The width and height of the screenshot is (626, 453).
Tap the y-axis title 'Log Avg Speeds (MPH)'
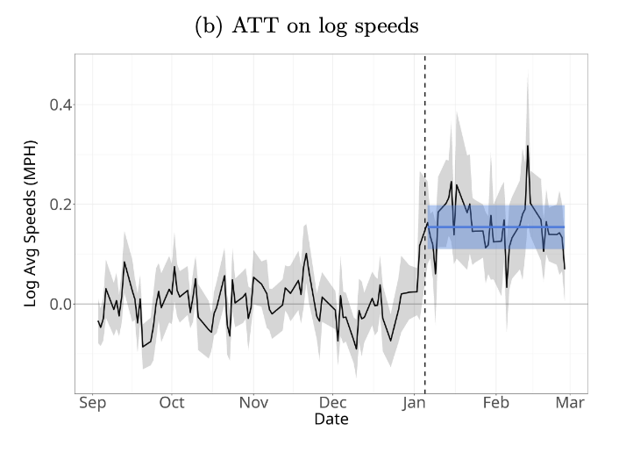pos(32,222)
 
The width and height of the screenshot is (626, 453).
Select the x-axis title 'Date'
pos(331,421)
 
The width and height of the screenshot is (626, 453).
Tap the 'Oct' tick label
pos(172,405)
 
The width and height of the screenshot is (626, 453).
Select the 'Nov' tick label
pos(253,405)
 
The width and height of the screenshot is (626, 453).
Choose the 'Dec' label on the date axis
pos(332,405)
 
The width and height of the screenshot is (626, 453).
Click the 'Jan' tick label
pos(415,405)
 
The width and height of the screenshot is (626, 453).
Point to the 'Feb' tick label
pos(496,405)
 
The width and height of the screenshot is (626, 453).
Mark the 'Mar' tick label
pos(571,405)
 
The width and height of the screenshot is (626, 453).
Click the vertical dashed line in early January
pos(425,263)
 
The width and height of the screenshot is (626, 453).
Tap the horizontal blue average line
pos(500,227)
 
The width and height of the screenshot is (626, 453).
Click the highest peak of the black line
pos(528,146)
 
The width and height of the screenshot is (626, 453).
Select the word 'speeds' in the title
pos(388,26)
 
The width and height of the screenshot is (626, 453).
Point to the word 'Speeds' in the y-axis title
pos(32,210)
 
